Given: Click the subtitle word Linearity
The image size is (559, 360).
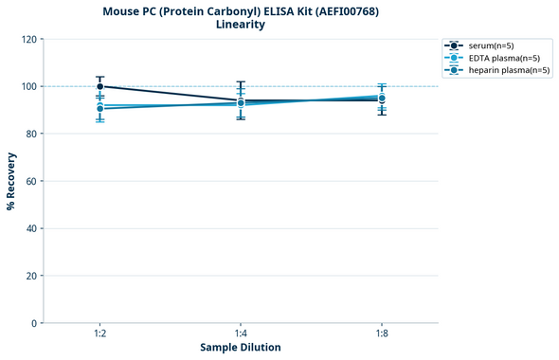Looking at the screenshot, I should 241,25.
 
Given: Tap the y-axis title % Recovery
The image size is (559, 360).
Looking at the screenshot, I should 11,180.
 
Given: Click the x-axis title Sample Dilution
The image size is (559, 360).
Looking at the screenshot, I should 241,348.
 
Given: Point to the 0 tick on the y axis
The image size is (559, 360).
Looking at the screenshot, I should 34,323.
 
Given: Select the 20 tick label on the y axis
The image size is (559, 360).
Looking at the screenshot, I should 31,276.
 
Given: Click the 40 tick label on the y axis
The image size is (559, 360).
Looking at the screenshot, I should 31,228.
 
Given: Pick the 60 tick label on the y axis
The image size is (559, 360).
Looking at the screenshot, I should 31,181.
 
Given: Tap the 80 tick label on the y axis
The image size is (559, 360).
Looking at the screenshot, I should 31,134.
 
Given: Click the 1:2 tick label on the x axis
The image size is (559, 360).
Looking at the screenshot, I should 99,334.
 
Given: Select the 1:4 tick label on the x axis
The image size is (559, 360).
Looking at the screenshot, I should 241,334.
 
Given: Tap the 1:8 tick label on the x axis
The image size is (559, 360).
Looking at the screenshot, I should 381,334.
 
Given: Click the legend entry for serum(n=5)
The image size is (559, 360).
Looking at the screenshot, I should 496,45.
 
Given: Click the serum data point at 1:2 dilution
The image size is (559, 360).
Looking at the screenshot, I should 100,86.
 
